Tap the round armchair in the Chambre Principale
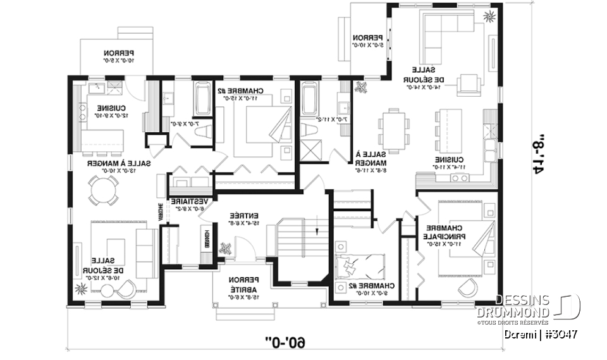coord(467,288)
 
